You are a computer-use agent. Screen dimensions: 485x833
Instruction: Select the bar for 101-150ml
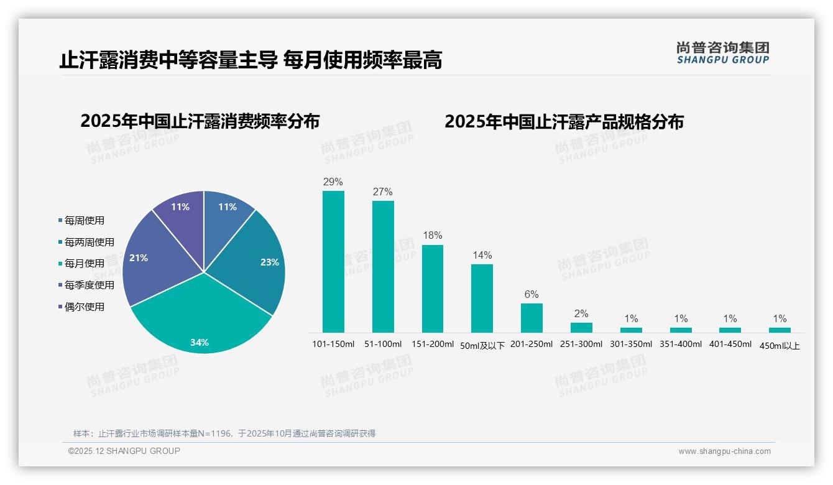(x=333, y=261)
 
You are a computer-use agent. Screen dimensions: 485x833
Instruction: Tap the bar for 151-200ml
(x=433, y=289)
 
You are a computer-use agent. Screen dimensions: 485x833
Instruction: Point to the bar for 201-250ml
(x=532, y=318)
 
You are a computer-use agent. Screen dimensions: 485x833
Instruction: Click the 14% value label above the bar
(x=482, y=255)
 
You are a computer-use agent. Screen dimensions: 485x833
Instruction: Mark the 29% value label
(x=333, y=182)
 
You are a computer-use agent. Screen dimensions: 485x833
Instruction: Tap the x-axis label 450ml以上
(x=780, y=346)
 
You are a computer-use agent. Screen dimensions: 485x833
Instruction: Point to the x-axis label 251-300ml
(x=581, y=344)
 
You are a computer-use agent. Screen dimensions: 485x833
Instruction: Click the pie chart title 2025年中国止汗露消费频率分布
(x=200, y=121)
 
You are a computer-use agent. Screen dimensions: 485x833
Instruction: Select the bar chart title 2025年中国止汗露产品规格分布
(x=564, y=121)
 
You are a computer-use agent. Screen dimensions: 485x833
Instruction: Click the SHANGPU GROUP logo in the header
(x=722, y=53)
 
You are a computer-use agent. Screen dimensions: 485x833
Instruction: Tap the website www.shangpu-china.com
(x=724, y=451)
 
